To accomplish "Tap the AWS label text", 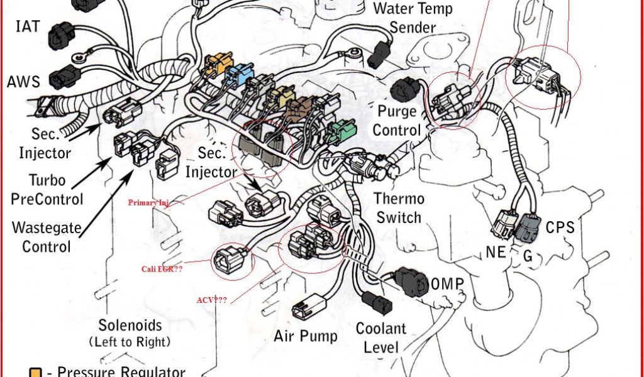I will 23,82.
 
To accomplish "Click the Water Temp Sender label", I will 412,18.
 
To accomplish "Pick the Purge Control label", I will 397,121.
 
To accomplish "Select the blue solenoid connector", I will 241,77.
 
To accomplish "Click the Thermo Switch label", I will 399,208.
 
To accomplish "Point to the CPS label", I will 560,227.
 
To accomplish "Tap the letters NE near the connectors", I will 496,253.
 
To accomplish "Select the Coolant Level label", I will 381,337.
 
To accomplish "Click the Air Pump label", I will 305,336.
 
